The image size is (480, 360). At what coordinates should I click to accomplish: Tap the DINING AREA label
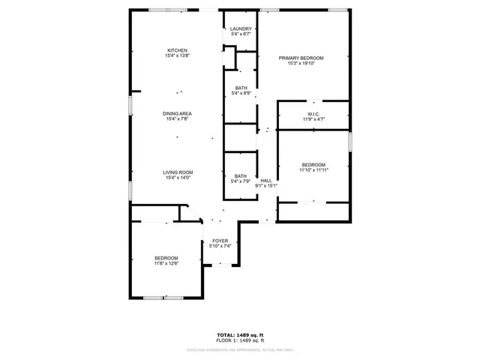(x=178, y=113)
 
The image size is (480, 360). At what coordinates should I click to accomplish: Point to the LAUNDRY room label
(x=241, y=28)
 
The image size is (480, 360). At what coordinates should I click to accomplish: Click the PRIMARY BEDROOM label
(x=301, y=58)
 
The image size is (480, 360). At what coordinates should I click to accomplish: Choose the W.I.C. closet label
(x=313, y=114)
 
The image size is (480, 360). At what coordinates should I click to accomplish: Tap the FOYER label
(x=220, y=241)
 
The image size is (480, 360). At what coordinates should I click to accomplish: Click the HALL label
(x=266, y=181)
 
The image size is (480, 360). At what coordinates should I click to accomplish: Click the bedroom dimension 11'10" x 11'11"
(x=313, y=170)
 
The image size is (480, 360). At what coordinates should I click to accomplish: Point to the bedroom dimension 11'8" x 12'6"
(x=166, y=263)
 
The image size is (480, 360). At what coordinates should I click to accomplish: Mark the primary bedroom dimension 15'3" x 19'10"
(x=301, y=63)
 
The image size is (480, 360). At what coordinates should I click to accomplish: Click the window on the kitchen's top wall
(x=168, y=10)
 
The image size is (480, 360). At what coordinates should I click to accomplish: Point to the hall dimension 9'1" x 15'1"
(x=266, y=186)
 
